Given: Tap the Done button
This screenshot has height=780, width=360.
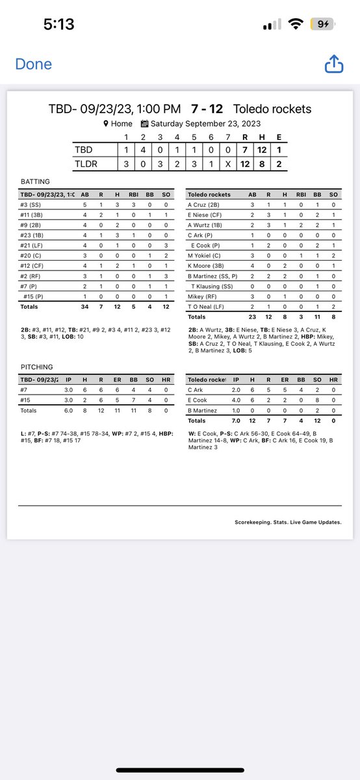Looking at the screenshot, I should [x=33, y=64].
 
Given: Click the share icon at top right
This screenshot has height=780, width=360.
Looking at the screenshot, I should [x=333, y=64].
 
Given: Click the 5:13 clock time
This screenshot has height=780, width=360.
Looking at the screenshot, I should [x=58, y=25].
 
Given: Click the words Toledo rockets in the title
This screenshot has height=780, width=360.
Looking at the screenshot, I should [x=272, y=109].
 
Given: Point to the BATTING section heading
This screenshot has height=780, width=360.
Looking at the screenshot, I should [x=34, y=182].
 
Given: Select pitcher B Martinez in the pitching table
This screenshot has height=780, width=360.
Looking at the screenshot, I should [x=205, y=409].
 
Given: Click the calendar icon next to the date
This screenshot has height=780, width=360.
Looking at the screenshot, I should [x=144, y=123].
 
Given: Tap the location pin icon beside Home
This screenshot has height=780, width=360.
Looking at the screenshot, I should [x=106, y=123].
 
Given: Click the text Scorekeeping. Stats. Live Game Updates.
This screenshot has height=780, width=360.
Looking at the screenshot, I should [x=288, y=521].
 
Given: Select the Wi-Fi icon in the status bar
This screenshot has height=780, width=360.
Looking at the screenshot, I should [x=297, y=25].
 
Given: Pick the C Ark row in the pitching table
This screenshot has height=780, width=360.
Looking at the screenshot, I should [x=197, y=389].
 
